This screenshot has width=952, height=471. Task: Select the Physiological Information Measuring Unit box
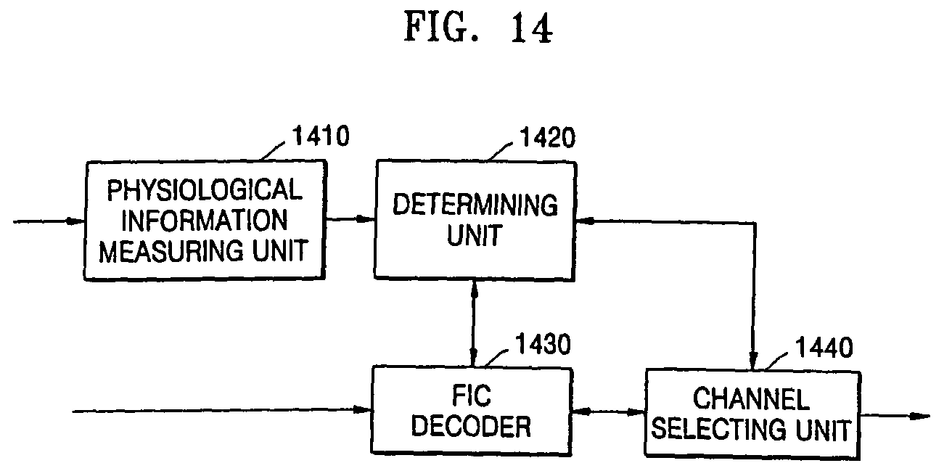pos(202,221)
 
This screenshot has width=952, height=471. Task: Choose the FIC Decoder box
pos(472,411)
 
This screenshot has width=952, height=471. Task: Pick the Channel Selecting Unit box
pos(752,414)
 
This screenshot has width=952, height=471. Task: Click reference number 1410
pos(320,136)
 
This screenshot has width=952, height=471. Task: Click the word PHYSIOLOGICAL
pos(203,190)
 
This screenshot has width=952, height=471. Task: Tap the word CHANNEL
pos(750,399)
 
